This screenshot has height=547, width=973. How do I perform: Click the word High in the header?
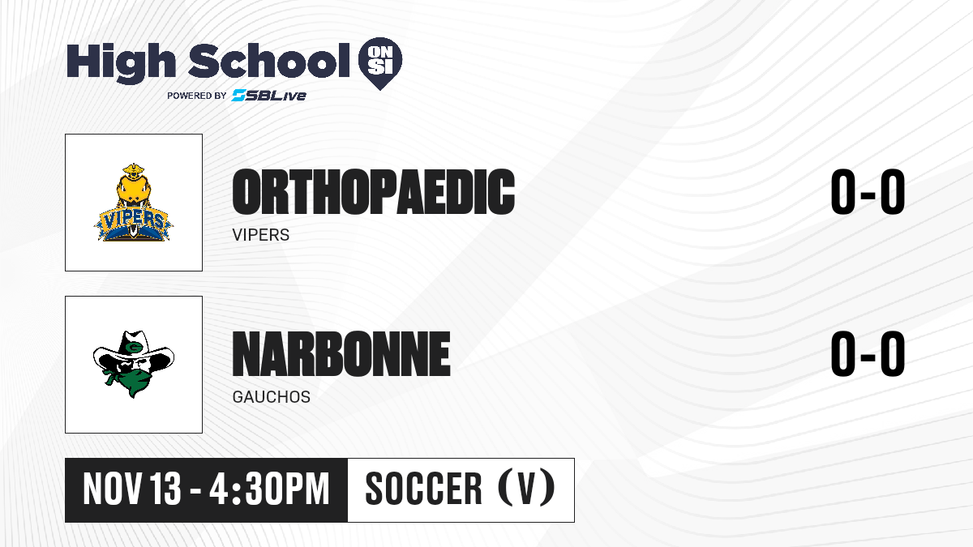pyautogui.click(x=121, y=63)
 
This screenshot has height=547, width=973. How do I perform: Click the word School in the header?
pyautogui.click(x=269, y=60)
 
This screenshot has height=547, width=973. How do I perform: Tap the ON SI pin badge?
pyautogui.click(x=380, y=63)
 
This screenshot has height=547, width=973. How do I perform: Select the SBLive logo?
pyautogui.click(x=268, y=95)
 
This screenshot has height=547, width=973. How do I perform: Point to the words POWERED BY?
pyautogui.click(x=197, y=96)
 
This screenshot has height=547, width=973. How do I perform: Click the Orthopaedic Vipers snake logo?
pyautogui.click(x=133, y=203)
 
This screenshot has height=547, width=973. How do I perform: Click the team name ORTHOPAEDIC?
pyautogui.click(x=374, y=191)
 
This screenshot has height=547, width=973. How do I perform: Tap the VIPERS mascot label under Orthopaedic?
pyautogui.click(x=260, y=235)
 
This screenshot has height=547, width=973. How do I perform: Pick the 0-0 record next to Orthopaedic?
pyautogui.click(x=868, y=191)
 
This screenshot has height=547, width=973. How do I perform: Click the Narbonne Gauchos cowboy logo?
pyautogui.click(x=133, y=364)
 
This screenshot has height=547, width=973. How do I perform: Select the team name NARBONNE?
pyautogui.click(x=341, y=353)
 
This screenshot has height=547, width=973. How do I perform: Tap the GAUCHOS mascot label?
pyautogui.click(x=272, y=397)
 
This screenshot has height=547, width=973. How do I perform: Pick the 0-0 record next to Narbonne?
pyautogui.click(x=868, y=353)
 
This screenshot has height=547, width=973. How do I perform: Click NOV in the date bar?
pyautogui.click(x=112, y=489)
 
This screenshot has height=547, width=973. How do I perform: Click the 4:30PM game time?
pyautogui.click(x=269, y=489)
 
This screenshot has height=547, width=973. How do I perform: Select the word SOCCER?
pyautogui.click(x=423, y=489)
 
